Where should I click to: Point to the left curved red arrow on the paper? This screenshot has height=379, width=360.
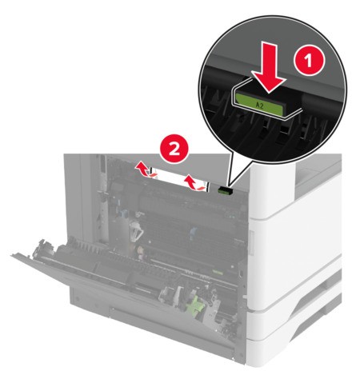tap(142, 170)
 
